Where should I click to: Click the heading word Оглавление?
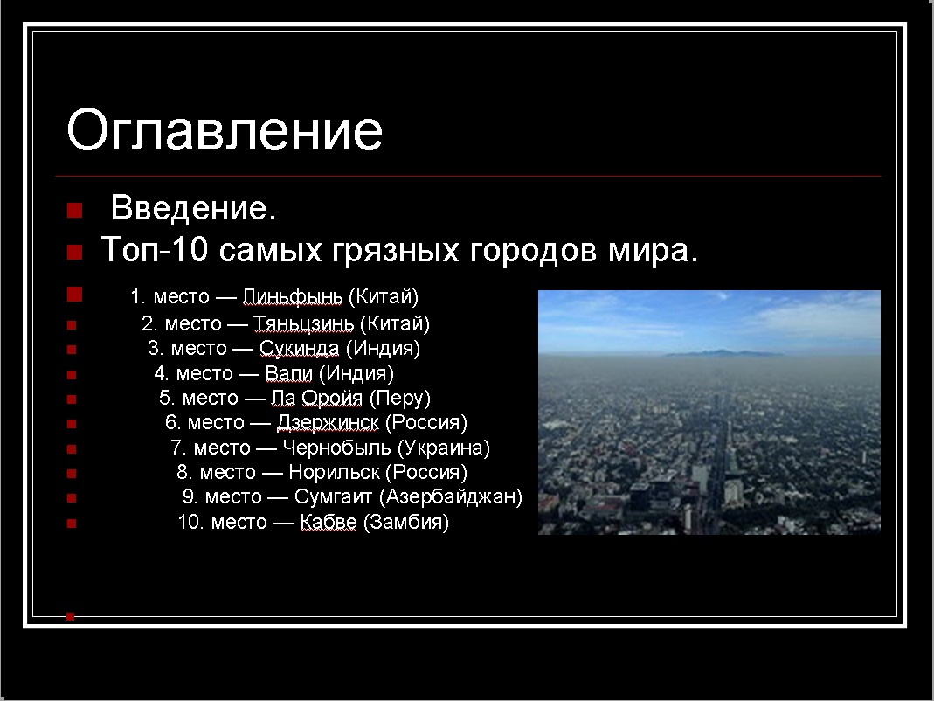click(224, 130)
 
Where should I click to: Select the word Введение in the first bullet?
click(189, 208)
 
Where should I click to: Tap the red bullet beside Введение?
click(74, 211)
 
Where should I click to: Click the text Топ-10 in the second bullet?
click(155, 249)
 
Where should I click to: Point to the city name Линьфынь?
click(293, 296)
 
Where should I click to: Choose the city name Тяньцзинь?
click(303, 323)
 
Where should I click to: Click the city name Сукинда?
click(299, 348)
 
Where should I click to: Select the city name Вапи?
click(288, 373)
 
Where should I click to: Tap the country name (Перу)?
click(399, 399)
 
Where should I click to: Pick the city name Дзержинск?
click(328, 423)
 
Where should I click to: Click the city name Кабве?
click(329, 522)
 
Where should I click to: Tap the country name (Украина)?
click(443, 448)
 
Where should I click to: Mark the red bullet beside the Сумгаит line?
click(72, 498)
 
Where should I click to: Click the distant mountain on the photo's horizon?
click(723, 353)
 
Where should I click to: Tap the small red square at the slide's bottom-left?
click(70, 616)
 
